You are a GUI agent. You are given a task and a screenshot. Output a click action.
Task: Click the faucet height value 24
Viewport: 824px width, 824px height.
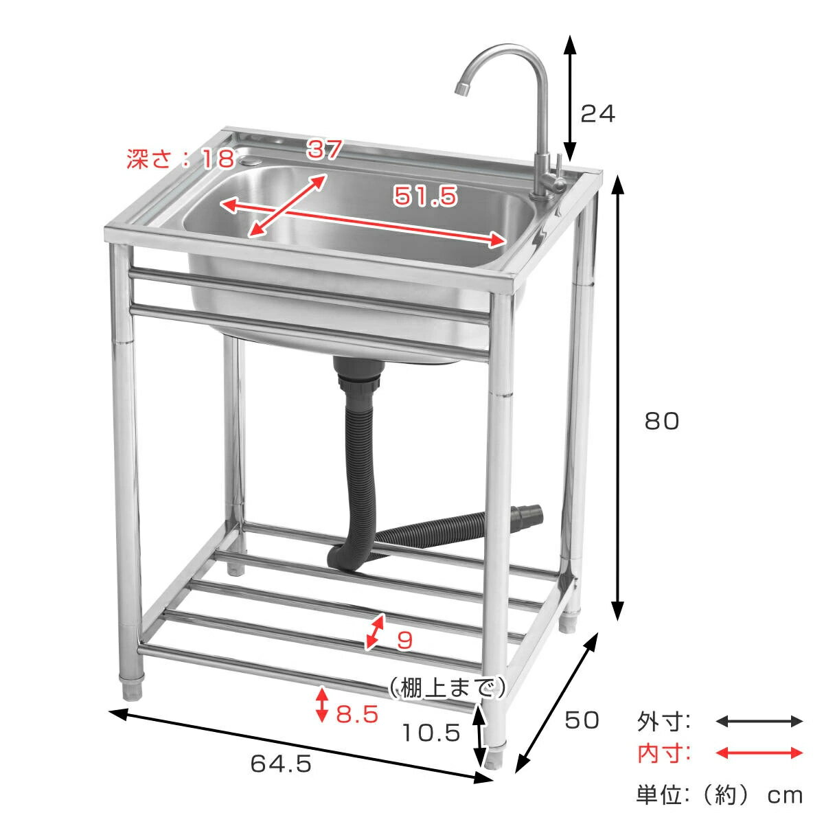597,113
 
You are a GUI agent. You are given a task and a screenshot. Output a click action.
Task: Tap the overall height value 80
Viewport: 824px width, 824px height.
661,421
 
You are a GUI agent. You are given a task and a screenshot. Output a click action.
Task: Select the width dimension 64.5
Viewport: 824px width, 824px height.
281,763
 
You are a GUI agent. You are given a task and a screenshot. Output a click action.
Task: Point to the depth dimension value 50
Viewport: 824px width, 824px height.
582,720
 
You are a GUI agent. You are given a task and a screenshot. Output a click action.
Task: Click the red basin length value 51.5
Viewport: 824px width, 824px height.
424,196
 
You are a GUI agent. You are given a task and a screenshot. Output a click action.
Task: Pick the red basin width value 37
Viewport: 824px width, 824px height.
324,149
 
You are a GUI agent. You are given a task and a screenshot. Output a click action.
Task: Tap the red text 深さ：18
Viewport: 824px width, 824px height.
181,160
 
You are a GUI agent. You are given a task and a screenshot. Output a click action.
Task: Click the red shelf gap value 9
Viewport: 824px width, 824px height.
405,640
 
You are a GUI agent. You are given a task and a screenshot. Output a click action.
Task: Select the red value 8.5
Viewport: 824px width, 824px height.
357,714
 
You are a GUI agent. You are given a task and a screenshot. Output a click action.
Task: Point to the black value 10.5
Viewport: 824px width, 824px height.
431,733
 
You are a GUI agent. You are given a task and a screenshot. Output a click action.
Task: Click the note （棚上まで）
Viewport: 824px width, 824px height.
447,687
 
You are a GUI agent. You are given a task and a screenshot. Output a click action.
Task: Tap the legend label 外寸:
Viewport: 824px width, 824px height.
664,722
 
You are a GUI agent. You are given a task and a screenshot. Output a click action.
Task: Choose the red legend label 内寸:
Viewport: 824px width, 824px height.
664,754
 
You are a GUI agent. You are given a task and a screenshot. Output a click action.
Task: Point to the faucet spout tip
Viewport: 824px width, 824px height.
460,89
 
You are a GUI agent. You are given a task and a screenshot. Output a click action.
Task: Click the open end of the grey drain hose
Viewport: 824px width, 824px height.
533,513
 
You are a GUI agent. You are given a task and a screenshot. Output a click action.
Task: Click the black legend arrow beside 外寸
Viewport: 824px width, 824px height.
759,721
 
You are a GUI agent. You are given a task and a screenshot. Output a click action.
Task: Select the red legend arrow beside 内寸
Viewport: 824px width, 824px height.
759,753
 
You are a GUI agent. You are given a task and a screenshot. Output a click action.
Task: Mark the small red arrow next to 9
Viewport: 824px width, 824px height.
374,632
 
